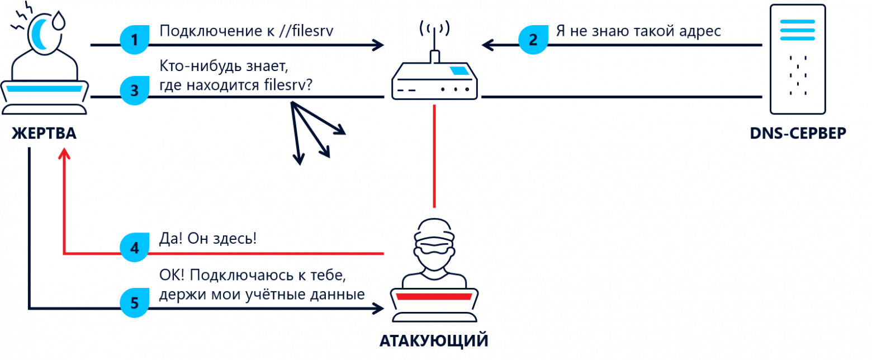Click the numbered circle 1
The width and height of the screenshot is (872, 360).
tap(134, 40)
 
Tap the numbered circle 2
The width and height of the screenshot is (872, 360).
tap(533, 40)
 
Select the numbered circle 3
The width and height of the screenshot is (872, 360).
tap(134, 91)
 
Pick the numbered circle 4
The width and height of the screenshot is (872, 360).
tap(134, 247)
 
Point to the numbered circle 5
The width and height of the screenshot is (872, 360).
tap(134, 303)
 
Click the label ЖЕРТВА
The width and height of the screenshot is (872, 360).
tap(44, 134)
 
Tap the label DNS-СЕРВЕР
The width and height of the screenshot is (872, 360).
tap(798, 134)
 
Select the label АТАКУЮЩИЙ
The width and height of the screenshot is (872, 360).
tap(434, 340)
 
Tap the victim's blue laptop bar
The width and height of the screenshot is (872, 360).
tap(44, 88)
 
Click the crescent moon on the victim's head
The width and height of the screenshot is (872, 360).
tap(40, 34)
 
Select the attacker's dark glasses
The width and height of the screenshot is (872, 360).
tap(434, 245)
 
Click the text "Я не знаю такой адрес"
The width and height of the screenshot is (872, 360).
tap(638, 31)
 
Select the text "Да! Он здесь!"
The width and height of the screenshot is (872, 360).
tap(208, 239)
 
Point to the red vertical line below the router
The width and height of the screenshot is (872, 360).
tap(434, 157)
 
